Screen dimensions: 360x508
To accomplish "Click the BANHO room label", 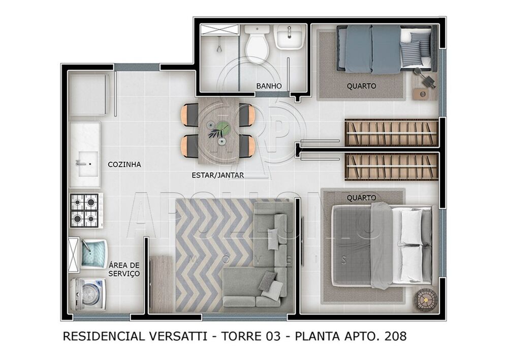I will (269, 86).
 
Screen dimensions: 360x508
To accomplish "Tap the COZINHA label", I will (124, 165).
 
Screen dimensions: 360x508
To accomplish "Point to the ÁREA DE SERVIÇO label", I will (124, 269).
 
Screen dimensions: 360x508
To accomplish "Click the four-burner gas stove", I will (84, 210).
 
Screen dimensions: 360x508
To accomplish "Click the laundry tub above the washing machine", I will (93, 253).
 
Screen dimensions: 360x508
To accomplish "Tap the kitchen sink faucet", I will (80, 163).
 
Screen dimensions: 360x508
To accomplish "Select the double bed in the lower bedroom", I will (382, 244).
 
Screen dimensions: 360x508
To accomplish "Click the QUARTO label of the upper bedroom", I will (361, 86).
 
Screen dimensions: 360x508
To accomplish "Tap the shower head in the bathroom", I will (218, 48).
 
